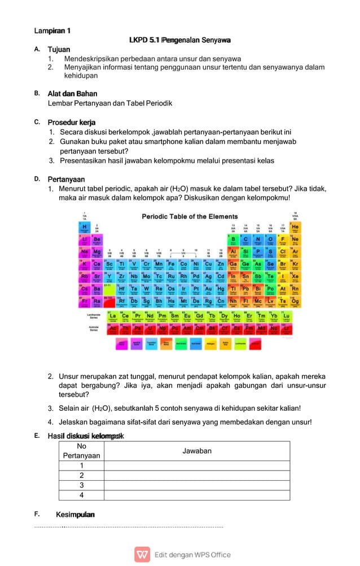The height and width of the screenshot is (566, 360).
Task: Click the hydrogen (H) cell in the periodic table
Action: (x=85, y=226)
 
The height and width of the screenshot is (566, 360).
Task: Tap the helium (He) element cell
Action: (x=295, y=226)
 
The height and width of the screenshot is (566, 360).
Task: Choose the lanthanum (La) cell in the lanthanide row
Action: (x=113, y=316)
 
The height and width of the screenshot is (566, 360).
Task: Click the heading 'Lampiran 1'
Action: (x=51, y=29)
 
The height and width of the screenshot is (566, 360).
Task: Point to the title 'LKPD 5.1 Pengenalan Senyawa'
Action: (x=179, y=40)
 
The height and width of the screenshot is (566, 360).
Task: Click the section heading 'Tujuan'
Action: (x=59, y=50)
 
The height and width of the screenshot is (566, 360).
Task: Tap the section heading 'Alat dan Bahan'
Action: (x=72, y=94)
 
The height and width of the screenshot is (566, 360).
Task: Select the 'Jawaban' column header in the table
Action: (x=197, y=451)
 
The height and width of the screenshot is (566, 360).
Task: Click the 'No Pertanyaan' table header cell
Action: (x=81, y=451)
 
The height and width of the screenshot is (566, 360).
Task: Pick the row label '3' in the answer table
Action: (x=81, y=485)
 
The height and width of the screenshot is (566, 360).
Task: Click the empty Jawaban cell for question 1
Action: (x=197, y=466)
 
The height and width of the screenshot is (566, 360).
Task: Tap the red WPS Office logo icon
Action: (x=142, y=554)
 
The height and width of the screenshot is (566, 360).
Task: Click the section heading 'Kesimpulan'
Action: (x=75, y=515)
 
